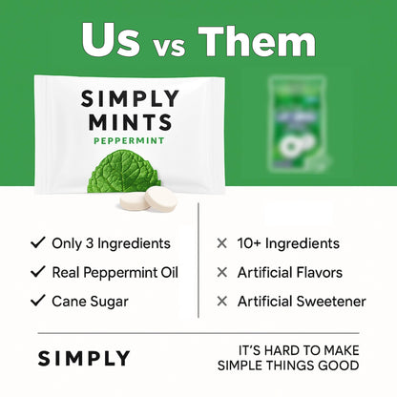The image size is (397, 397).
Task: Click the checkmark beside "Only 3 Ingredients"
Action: coord(37,243)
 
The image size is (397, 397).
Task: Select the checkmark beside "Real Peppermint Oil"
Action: coord(37,272)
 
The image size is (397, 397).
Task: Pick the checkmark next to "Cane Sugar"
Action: coord(37,301)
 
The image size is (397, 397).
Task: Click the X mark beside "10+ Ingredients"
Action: coord(222,243)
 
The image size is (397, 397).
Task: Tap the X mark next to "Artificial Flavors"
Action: coord(222,272)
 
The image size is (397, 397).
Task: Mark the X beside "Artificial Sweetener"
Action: coord(222,301)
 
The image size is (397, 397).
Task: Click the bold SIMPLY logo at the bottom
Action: coord(84,359)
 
